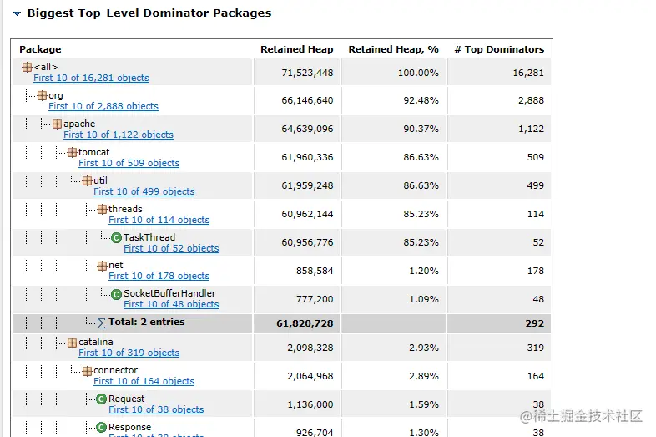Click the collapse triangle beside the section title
point(17,13)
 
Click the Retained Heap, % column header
point(393,49)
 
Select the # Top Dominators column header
point(499,49)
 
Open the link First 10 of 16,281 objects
point(91,78)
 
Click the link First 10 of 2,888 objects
point(103,106)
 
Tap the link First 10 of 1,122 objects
point(119,135)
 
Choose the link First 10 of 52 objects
point(171,248)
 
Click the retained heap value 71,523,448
point(307,73)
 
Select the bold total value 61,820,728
point(304,323)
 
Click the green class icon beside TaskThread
point(117,238)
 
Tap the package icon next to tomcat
point(72,153)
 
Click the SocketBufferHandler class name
point(169,293)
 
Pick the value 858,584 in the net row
point(315,271)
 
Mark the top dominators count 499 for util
point(535,185)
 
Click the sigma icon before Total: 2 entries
point(102,323)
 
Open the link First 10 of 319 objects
point(129,353)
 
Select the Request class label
point(126,399)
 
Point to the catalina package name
point(96,342)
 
